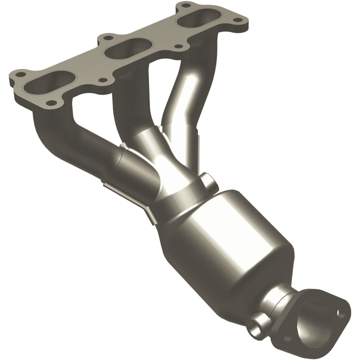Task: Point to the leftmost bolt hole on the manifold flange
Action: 19,75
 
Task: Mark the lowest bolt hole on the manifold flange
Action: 51,102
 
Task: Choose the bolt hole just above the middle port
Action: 107,38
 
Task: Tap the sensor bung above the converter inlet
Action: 208,182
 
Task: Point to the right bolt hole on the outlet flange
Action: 340,311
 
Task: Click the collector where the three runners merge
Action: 165,165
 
